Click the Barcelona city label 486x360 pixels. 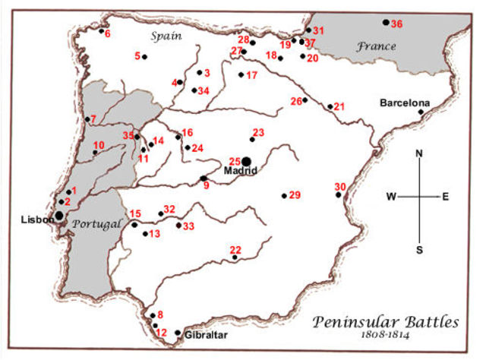coord(405,103)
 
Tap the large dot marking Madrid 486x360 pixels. coord(246,162)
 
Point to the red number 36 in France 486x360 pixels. coord(397,24)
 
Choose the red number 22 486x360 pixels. coord(235,250)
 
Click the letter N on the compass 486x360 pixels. coord(419,154)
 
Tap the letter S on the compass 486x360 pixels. coord(419,249)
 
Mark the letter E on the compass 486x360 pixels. coord(446,197)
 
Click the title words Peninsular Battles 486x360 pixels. coord(386,322)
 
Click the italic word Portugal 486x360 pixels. coord(95,225)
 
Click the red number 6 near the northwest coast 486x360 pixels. coord(107,33)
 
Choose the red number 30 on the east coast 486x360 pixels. coord(340,187)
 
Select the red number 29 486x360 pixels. coord(295,196)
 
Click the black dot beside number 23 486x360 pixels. coord(252,140)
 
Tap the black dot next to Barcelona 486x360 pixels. coord(421,112)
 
